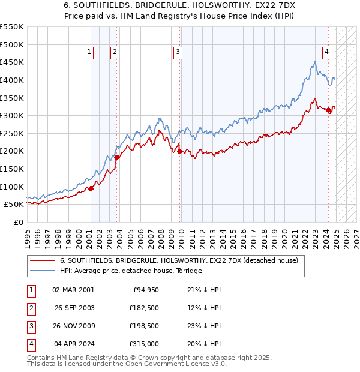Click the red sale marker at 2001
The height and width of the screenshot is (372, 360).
point(91,188)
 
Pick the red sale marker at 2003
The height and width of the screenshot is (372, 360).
point(117,157)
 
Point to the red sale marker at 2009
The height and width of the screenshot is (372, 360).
point(180,151)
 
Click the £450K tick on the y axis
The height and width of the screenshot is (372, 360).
point(12,62)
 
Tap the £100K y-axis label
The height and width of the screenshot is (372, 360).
point(12,187)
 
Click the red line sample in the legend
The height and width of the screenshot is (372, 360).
point(42,261)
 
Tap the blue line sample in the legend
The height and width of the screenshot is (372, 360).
point(42,271)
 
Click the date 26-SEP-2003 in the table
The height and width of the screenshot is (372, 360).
point(74,308)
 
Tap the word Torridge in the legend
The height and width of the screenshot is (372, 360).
point(187,271)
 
